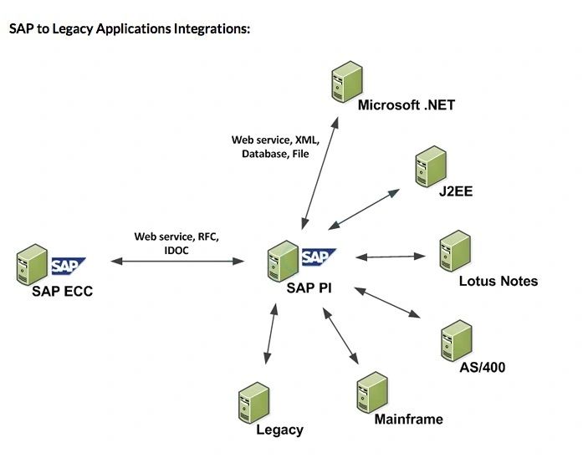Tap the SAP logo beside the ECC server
pos(69,266)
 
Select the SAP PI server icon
pos(282,260)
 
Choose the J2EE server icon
pos(430,167)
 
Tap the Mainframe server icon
pos(371,391)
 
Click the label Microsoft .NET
pos(406,105)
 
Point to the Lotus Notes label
pos(499,281)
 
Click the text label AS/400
pos(483,367)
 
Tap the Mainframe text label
pos(409,419)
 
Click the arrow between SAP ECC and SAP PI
pos(177,262)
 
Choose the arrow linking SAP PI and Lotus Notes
pos(393,256)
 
